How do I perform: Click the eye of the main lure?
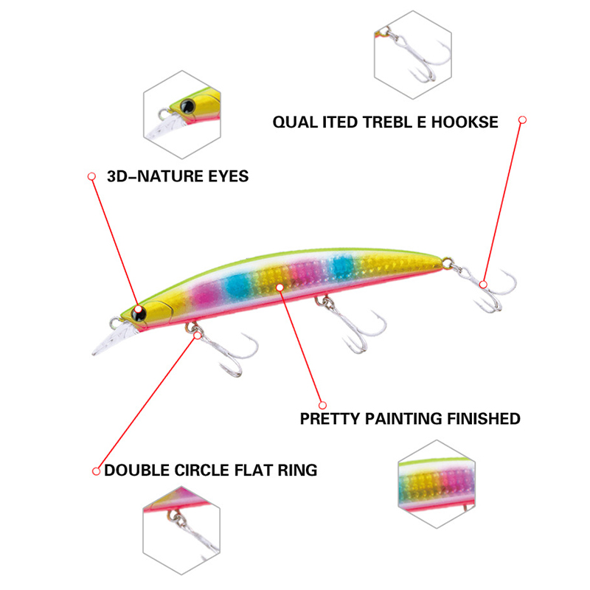coord(138,313)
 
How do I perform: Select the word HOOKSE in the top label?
coord(468,122)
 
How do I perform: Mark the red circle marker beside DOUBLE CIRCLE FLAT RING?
coord(96,470)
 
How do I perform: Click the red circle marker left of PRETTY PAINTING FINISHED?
coord(322,404)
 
